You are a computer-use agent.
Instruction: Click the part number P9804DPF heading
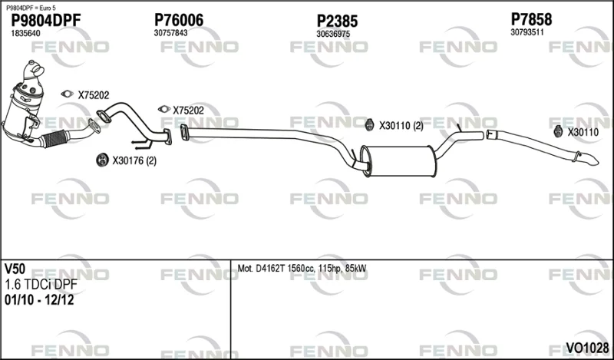(x=46, y=20)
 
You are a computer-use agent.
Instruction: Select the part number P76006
(x=179, y=20)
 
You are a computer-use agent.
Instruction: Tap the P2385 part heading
(x=337, y=21)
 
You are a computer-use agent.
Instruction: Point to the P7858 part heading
(x=531, y=19)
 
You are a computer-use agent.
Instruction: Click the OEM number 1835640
(x=25, y=33)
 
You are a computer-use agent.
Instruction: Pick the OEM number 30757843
(x=170, y=33)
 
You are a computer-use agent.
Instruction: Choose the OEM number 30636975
(x=333, y=34)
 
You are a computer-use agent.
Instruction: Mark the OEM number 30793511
(x=527, y=32)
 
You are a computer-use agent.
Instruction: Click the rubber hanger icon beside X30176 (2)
(x=102, y=160)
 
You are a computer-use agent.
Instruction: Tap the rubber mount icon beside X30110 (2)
(x=369, y=124)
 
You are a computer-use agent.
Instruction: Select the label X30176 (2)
(x=134, y=160)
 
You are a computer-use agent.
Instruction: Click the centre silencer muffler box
(x=398, y=161)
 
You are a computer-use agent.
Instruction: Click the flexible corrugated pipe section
(x=54, y=138)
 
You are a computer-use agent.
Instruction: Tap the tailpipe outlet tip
(x=590, y=159)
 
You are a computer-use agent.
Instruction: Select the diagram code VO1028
(x=587, y=348)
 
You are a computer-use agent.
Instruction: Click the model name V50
(x=15, y=269)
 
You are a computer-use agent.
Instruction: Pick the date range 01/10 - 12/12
(x=39, y=300)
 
